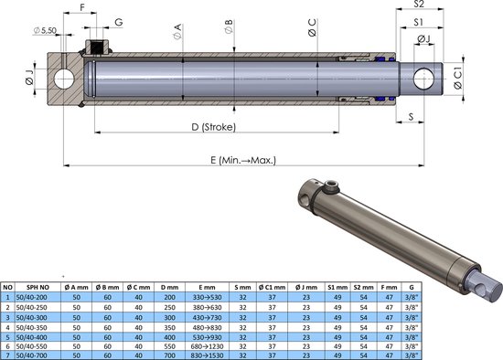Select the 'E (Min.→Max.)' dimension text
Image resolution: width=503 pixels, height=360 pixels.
[243, 159]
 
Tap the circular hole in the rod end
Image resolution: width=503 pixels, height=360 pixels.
[426, 79]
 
